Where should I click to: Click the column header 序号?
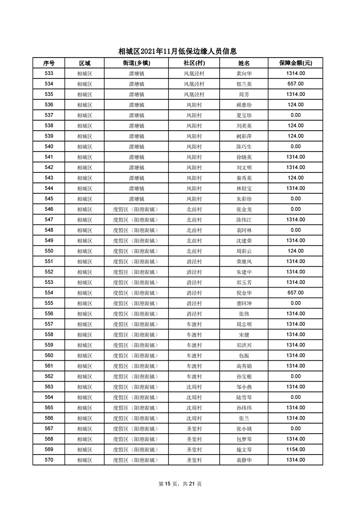49,63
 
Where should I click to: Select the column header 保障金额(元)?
295,63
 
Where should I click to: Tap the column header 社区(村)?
194,63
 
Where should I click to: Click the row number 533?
49,73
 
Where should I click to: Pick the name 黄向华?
244,73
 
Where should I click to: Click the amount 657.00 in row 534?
295,84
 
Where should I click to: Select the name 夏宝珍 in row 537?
244,115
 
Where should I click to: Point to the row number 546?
49,209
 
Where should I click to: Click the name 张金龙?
244,209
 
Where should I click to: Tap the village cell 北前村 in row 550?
194,251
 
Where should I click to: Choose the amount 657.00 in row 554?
295,293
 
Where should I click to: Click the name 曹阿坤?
244,303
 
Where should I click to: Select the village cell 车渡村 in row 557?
194,324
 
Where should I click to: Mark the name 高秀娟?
244,366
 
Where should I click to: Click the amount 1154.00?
295,449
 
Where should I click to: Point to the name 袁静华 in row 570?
244,460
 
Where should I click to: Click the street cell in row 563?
136,387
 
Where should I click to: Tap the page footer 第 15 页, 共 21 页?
180,484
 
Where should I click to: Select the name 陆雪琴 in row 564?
244,397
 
